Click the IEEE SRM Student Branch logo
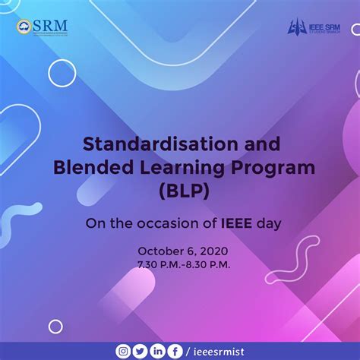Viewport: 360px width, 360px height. [314, 27]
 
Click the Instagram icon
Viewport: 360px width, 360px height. [122, 351]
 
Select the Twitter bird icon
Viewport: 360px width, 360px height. [139, 351]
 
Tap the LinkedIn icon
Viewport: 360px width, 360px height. [156, 351]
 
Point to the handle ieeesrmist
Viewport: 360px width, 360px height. [218, 351]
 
